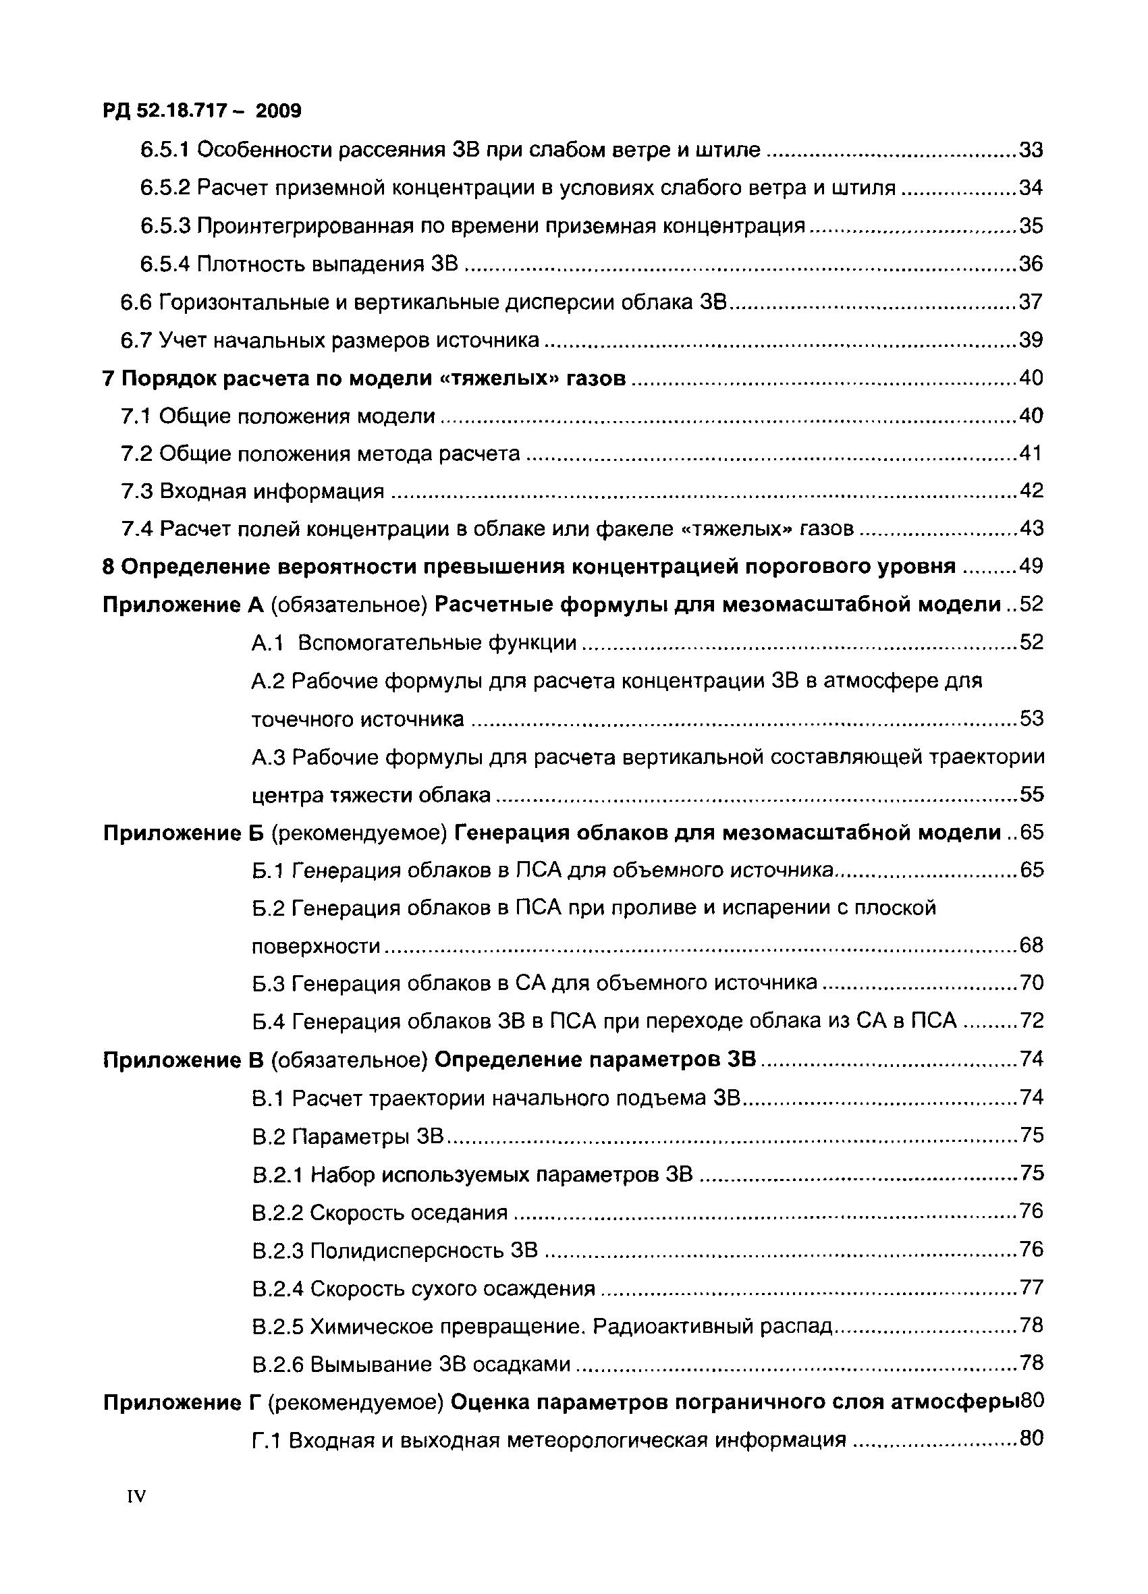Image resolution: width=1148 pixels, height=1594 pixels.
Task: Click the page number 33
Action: (1031, 150)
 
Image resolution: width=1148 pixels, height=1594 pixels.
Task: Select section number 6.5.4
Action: (165, 265)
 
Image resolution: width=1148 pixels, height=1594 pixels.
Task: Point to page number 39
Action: (1031, 340)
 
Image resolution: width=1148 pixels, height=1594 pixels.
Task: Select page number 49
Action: (1031, 566)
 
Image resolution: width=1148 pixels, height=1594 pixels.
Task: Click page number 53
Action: (1031, 719)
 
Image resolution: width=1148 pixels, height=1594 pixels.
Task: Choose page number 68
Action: (1031, 946)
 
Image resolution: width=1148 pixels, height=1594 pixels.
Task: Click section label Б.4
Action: (267, 1021)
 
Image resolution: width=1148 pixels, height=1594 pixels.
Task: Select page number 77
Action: (1031, 1288)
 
